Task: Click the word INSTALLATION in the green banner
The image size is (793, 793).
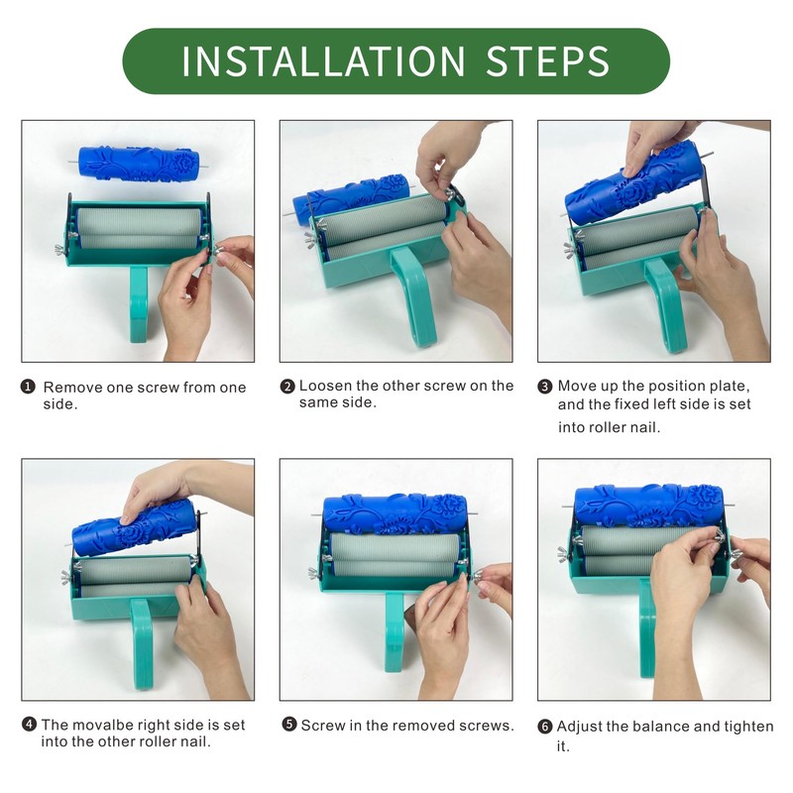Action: pyautogui.click(x=323, y=61)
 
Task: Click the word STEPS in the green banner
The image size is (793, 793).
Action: pyautogui.click(x=548, y=61)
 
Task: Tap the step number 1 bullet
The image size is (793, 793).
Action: pyautogui.click(x=28, y=388)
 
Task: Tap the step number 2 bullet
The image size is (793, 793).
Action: pyautogui.click(x=287, y=387)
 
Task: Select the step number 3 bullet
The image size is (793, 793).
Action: pyautogui.click(x=544, y=387)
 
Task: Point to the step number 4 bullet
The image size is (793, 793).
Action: pyautogui.click(x=30, y=725)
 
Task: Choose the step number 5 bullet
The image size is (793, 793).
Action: pyautogui.click(x=289, y=725)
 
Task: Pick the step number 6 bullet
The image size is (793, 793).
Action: pyautogui.click(x=544, y=727)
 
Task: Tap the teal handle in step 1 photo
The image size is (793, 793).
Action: pyautogui.click(x=139, y=304)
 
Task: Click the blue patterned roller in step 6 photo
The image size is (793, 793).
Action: pyautogui.click(x=649, y=506)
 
